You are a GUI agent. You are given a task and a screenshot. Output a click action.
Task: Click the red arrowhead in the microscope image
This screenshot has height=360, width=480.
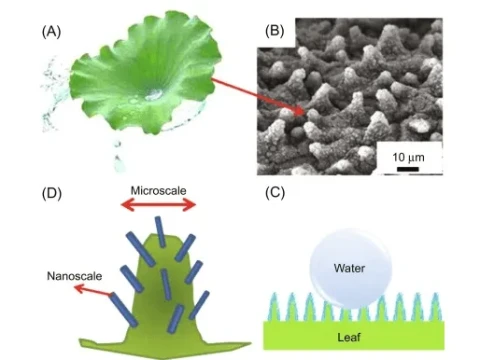305,112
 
